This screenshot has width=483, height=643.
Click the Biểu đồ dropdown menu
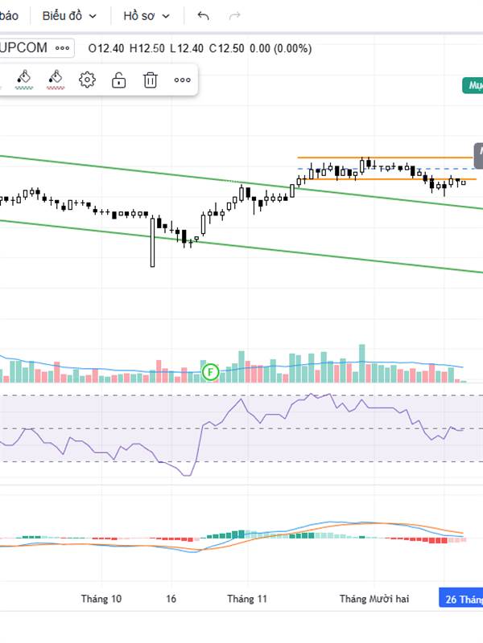pyautogui.click(x=69, y=15)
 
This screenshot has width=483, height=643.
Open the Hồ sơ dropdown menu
pyautogui.click(x=147, y=15)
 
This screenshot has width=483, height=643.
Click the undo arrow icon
pyautogui.click(x=203, y=15)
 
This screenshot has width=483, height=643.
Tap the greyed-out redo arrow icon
pyautogui.click(x=235, y=15)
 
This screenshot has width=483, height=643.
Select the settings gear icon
pyautogui.click(x=87, y=79)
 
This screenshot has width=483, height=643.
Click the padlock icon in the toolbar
pyautogui.click(x=118, y=79)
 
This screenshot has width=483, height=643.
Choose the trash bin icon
pyautogui.click(x=150, y=79)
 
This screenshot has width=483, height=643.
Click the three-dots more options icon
pyautogui.click(x=182, y=79)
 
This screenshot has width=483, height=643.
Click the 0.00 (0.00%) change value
pyautogui.click(x=280, y=48)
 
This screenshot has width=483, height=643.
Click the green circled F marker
pyautogui.click(x=210, y=371)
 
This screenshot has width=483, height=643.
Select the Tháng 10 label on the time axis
pyautogui.click(x=101, y=599)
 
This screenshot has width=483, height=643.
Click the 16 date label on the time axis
pyautogui.click(x=171, y=599)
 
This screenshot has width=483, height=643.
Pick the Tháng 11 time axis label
pyautogui.click(x=247, y=599)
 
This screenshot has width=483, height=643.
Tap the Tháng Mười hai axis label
pyautogui.click(x=374, y=599)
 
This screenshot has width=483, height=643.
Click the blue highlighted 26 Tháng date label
pyautogui.click(x=461, y=599)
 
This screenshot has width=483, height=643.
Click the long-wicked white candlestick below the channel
pyautogui.click(x=152, y=241)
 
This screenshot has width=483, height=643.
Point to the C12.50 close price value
pyautogui.click(x=226, y=48)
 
